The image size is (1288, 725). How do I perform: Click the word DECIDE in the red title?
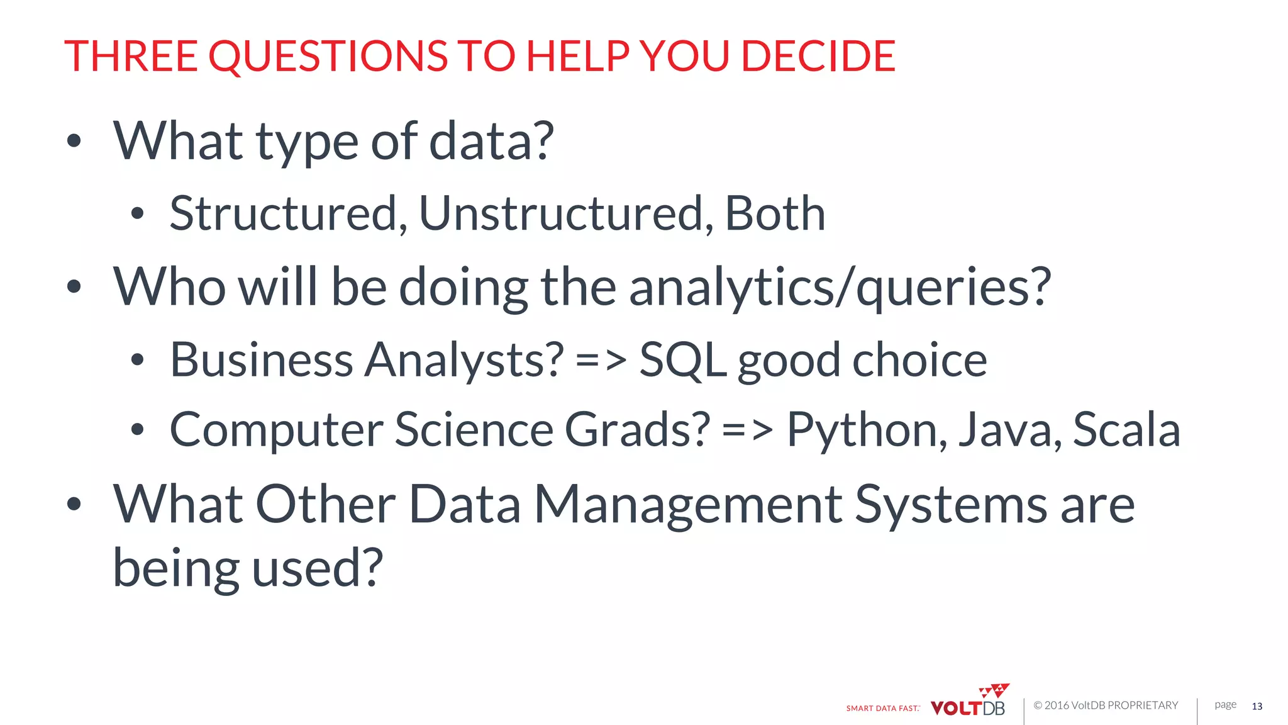point(818,56)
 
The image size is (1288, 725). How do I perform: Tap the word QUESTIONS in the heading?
point(328,56)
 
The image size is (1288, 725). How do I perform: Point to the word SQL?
point(682,361)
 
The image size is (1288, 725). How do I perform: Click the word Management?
point(689,505)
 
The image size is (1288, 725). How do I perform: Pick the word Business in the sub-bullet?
point(261,361)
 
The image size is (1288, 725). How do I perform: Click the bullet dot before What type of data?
point(74,141)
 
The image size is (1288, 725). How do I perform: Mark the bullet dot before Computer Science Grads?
point(138,430)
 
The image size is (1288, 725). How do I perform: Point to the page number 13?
point(1257,706)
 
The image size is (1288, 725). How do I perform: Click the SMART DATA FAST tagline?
point(882,708)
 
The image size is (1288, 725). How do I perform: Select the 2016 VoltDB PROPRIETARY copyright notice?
point(1106,705)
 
